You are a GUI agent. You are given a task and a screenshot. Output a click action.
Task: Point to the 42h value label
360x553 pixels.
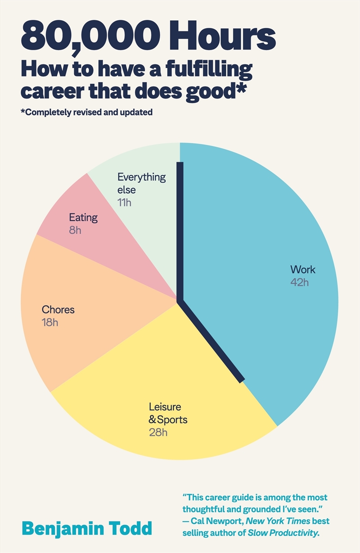coord(299,282)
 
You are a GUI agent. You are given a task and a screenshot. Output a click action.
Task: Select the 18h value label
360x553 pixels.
coord(50,322)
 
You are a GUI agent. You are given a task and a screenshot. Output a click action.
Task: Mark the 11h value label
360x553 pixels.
coord(124,202)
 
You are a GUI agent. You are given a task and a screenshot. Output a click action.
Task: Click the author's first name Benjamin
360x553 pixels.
coord(72,528)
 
